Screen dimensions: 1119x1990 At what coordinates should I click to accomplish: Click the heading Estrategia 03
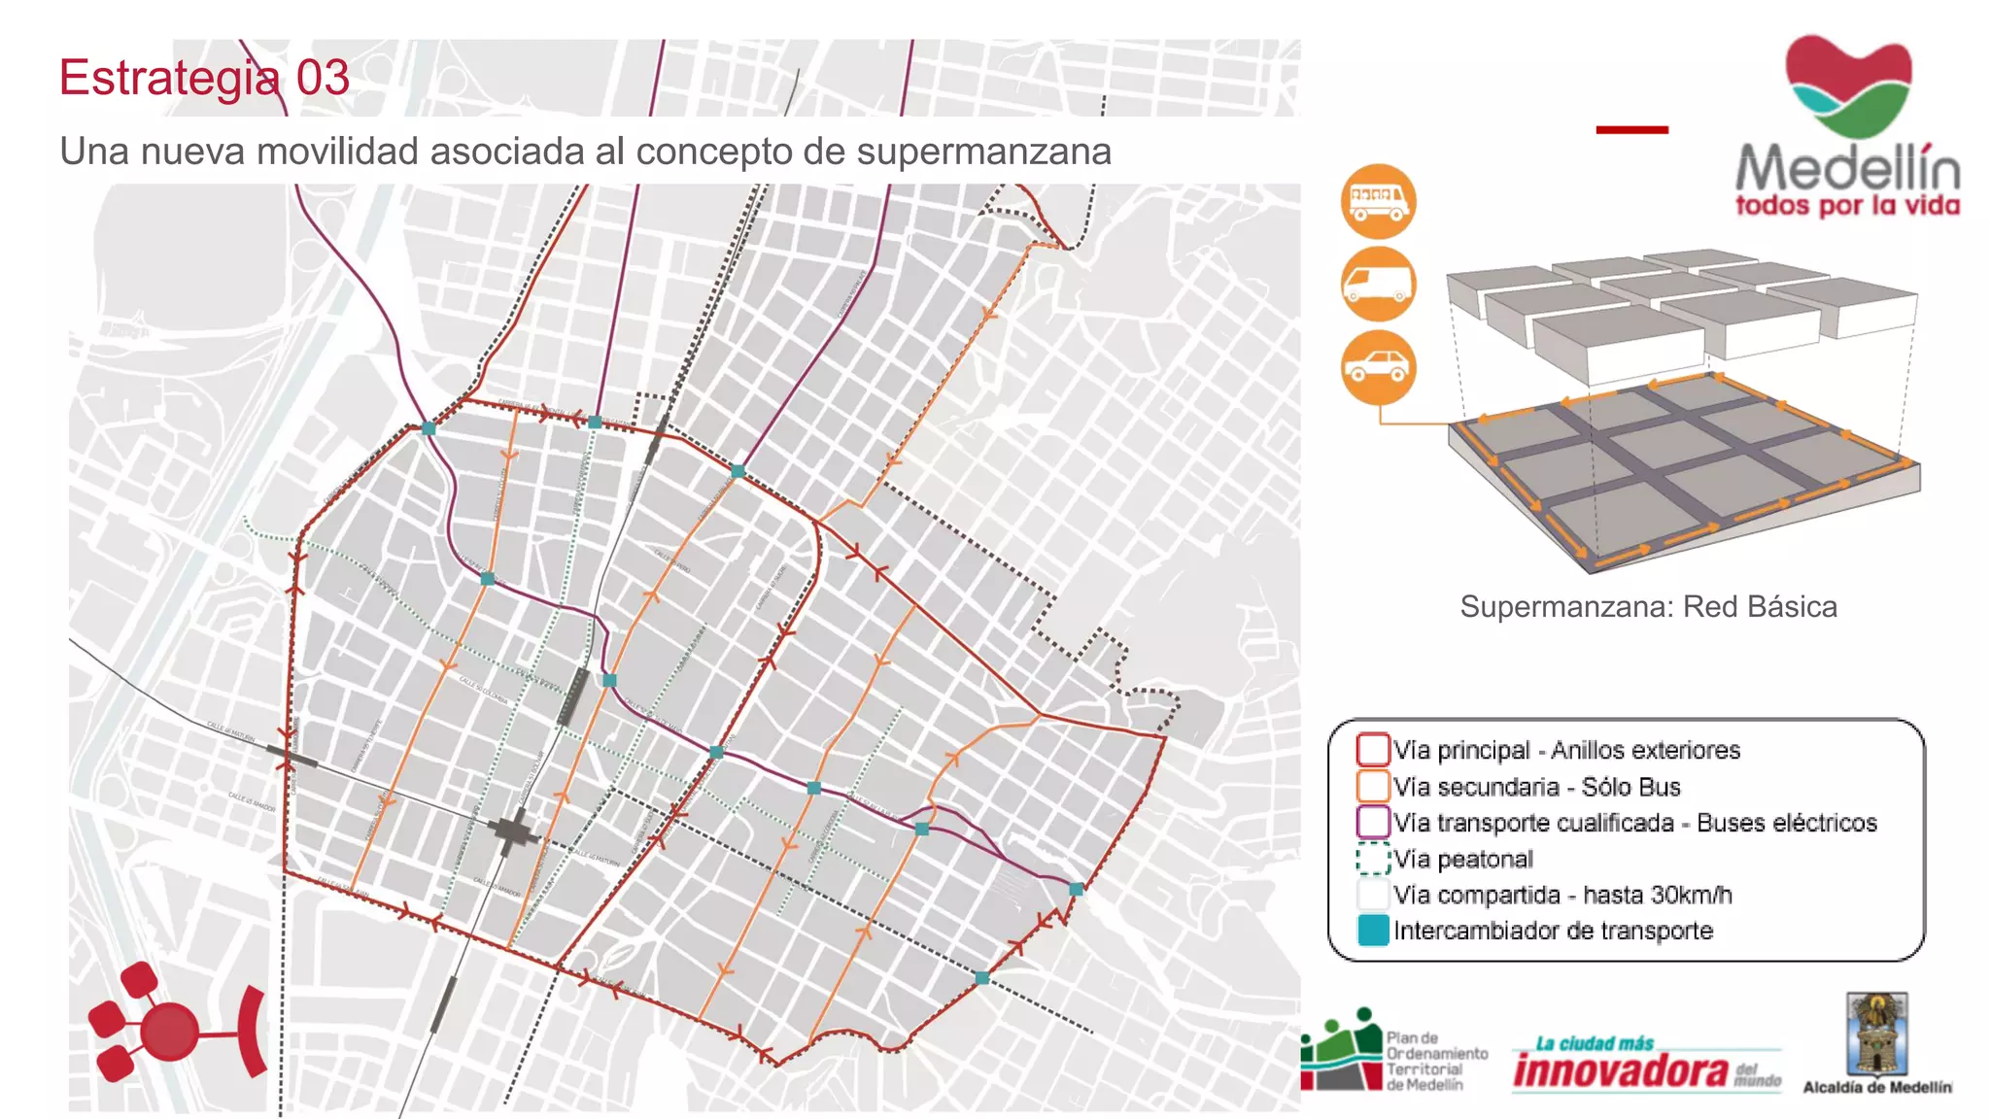point(204,78)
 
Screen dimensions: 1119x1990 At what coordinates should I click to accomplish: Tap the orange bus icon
point(1378,201)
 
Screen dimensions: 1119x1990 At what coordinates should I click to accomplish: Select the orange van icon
point(1378,284)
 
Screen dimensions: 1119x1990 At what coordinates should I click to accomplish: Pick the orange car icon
point(1378,367)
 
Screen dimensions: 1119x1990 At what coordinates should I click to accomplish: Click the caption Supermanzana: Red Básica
point(1648,607)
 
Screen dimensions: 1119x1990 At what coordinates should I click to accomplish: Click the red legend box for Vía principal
point(1372,750)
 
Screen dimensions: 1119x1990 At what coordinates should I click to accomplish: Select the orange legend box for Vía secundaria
point(1372,786)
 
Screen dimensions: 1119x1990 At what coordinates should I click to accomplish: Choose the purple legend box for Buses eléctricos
point(1372,822)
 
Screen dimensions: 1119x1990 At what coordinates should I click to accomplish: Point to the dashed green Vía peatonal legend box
point(1372,859)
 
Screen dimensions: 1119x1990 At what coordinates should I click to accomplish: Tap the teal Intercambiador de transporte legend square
point(1372,931)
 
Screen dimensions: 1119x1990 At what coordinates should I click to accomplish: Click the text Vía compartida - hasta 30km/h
point(1562,895)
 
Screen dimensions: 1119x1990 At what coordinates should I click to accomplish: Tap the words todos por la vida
point(1847,206)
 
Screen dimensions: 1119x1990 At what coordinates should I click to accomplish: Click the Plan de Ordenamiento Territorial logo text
point(1436,1062)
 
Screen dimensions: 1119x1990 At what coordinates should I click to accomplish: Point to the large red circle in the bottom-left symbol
point(170,1032)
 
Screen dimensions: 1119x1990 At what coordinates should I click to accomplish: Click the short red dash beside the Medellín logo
point(1631,129)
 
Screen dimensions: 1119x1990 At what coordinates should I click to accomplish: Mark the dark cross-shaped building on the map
point(511,832)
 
